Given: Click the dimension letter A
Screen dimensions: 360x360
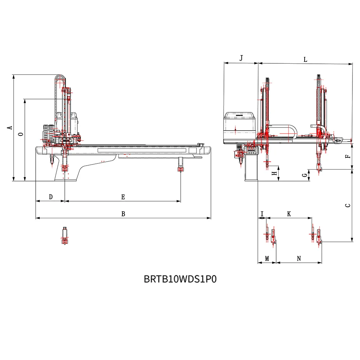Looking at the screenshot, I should [10, 127].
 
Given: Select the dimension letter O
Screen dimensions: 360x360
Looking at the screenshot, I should [21, 134].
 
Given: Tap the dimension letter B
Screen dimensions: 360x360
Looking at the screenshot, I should [123, 214].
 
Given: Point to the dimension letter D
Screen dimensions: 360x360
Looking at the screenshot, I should [51, 197].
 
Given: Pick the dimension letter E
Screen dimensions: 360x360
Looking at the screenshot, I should [123, 197].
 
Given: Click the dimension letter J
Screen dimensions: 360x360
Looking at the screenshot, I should [241, 58].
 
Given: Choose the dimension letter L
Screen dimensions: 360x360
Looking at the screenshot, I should [305, 60].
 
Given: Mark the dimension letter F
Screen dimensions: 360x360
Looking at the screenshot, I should [347, 157].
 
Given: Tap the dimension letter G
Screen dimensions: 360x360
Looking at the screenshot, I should [305, 175].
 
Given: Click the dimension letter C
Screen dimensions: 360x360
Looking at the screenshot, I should [347, 206].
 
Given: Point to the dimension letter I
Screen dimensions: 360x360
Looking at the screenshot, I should [262, 214].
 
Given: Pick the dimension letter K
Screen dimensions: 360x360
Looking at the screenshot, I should [289, 214].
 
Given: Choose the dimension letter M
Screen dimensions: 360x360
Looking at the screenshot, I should [267, 258].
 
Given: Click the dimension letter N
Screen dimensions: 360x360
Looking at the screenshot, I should [299, 258].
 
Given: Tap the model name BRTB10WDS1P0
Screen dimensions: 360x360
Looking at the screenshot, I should [180, 279].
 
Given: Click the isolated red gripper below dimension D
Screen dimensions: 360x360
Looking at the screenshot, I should [64, 236].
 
